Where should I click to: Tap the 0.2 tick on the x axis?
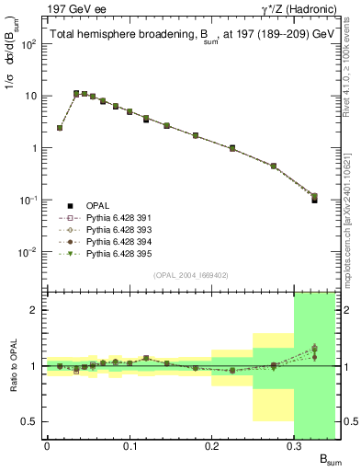point(212,446)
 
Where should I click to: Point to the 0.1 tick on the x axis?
point(130,446)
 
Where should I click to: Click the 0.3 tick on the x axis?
point(294,446)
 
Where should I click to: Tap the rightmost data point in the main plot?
point(314,198)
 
